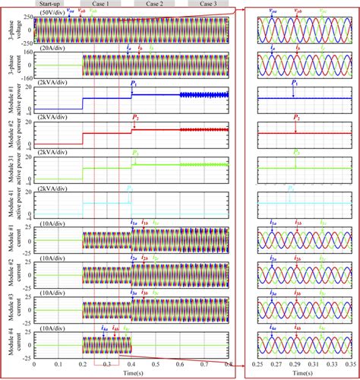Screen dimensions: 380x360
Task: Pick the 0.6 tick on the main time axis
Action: tap(180, 366)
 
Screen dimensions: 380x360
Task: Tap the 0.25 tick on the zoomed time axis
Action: tap(258, 366)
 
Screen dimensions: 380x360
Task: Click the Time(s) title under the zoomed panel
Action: tap(300, 375)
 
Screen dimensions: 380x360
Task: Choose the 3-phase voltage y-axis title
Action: tap(10, 30)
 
